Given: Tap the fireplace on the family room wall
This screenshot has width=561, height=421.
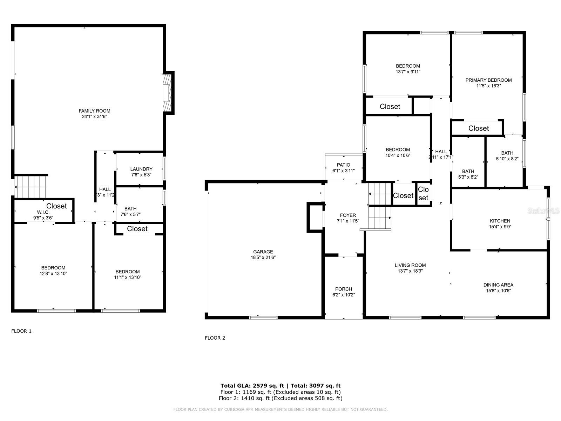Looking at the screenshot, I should point(169,93).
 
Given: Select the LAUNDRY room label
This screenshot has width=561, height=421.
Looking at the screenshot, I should point(141,169).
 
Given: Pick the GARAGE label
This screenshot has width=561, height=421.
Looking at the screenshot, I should point(263,252).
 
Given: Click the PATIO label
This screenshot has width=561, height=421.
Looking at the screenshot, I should point(343,165).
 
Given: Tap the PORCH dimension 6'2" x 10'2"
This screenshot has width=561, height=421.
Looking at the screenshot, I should point(343,295).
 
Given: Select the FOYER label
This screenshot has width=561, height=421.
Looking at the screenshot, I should point(348,215).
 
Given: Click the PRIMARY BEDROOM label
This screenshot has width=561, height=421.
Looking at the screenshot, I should point(488,80).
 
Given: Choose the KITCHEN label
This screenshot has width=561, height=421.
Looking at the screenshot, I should point(500,221).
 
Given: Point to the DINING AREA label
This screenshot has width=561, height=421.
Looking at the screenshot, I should point(498,285).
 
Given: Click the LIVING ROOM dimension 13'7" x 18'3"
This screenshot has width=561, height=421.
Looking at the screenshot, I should point(410,271).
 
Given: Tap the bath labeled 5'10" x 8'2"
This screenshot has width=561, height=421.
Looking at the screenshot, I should point(507,156).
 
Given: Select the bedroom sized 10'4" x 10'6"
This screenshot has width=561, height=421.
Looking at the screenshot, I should point(398,152).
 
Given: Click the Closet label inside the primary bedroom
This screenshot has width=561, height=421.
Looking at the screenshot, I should point(478,128).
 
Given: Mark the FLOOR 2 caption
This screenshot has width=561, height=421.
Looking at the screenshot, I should point(215,338).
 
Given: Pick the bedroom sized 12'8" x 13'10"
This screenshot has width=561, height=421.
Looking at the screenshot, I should point(53,270).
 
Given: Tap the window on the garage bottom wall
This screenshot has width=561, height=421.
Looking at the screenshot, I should point(263,318).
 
